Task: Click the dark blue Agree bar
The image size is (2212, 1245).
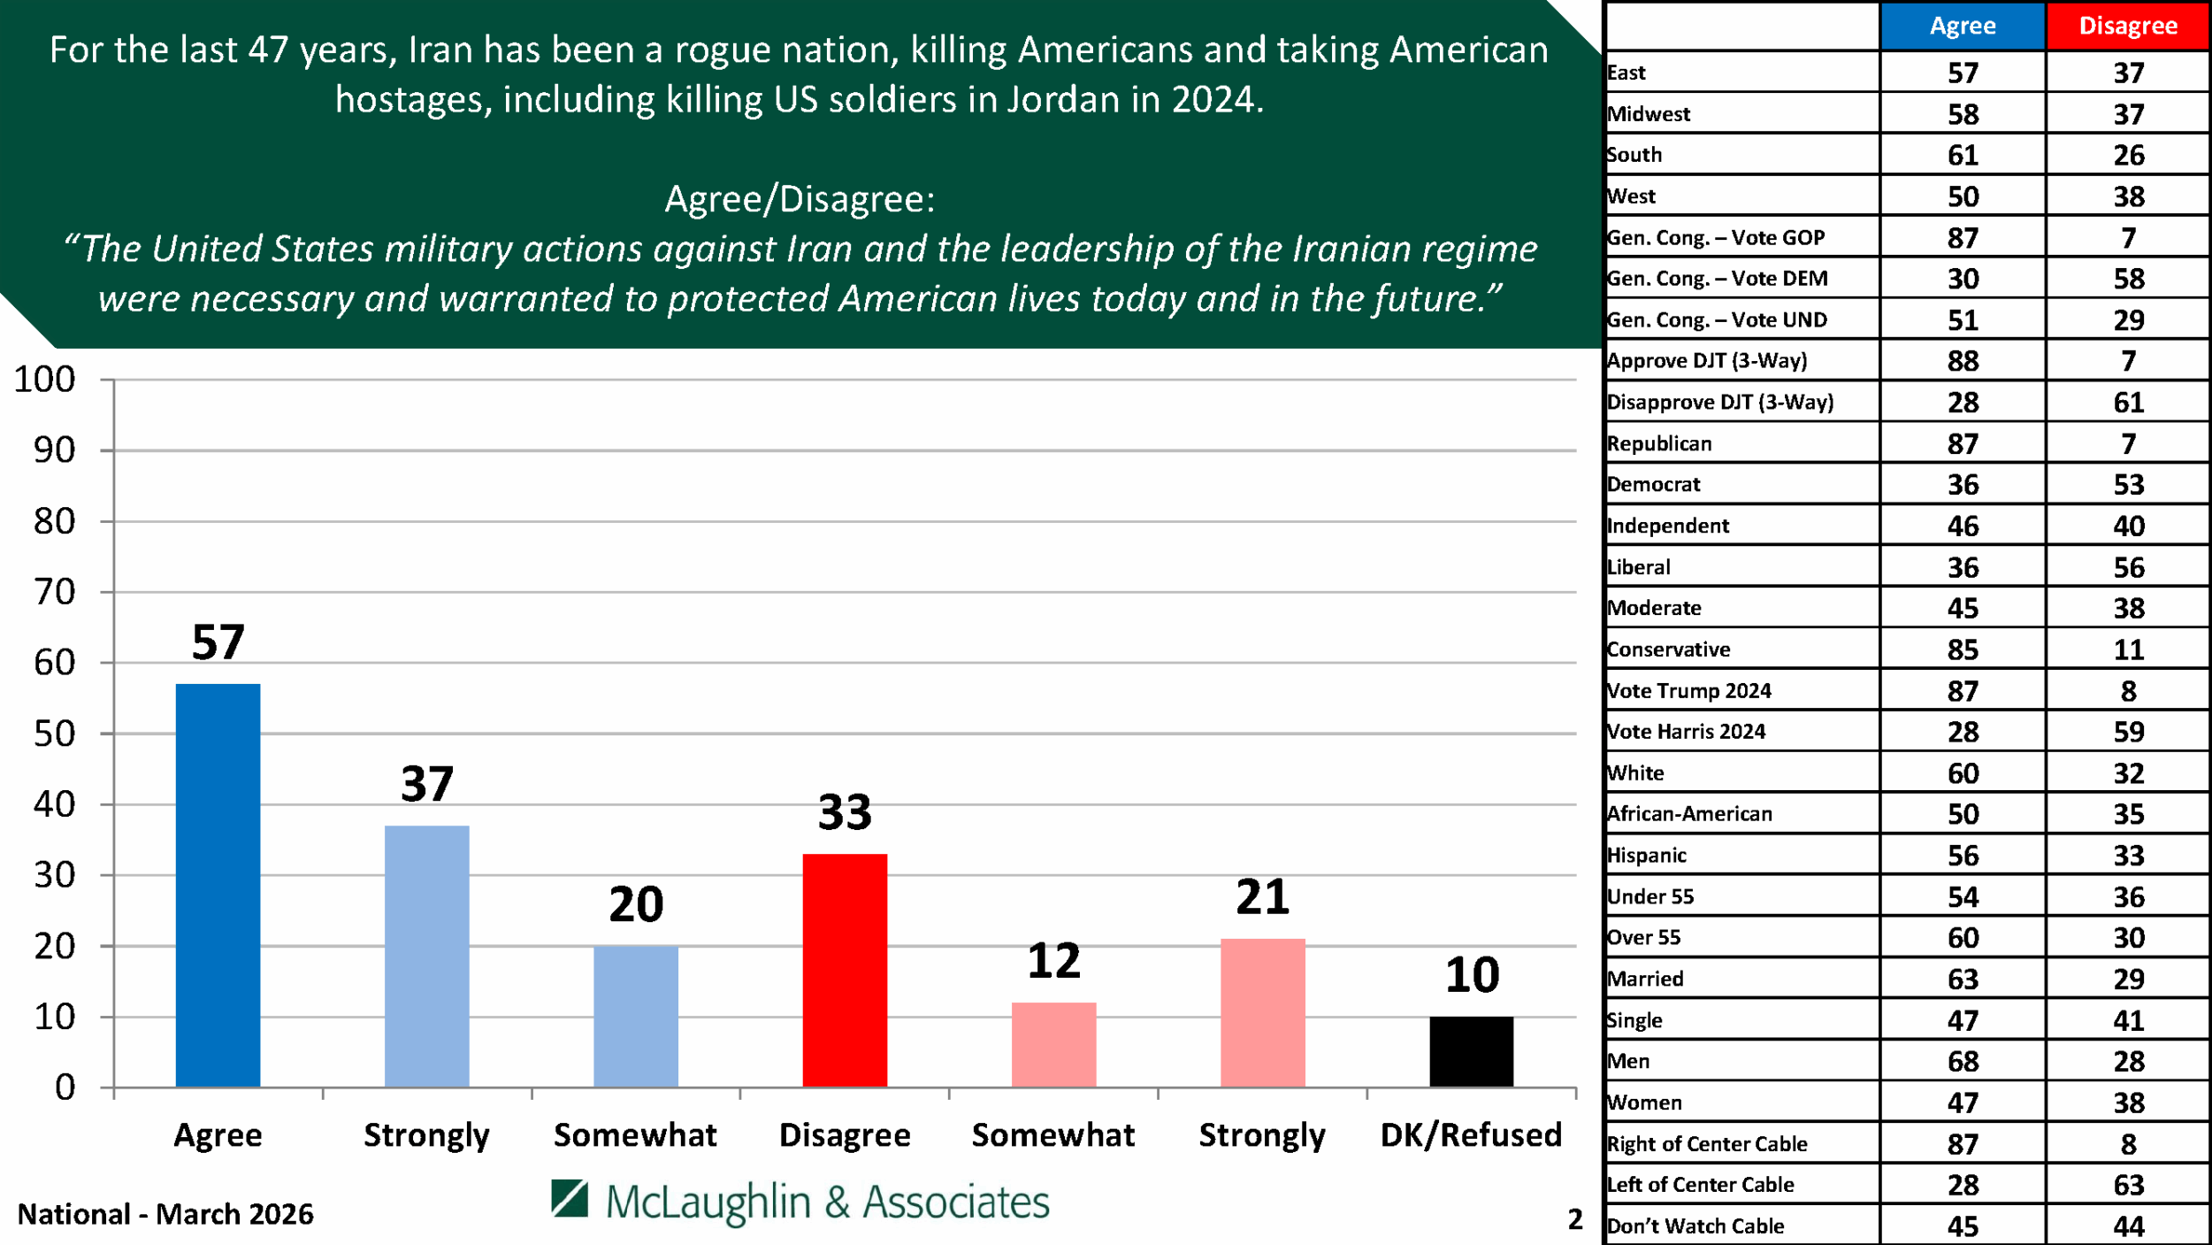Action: coord(218,885)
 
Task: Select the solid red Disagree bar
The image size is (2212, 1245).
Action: coord(844,970)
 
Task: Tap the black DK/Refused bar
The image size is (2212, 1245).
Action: coord(1471,1051)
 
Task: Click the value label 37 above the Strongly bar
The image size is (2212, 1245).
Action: coord(426,784)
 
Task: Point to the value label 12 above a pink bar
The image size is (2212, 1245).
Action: coord(1053,961)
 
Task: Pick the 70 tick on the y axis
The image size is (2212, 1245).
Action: coord(54,592)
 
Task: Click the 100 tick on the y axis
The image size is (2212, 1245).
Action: coord(44,380)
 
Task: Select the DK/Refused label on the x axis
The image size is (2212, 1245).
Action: coord(1471,1134)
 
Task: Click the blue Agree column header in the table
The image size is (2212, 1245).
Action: coord(1962,26)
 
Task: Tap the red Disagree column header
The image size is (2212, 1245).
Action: coord(2127,26)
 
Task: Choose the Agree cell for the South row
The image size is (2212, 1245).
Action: coord(1962,155)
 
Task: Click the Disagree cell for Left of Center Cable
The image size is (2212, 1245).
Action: coord(2127,1185)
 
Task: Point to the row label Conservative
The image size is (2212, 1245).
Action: coord(1668,649)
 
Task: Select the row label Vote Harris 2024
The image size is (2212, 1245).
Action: coord(1686,732)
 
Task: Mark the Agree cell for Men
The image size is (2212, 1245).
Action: coord(1962,1061)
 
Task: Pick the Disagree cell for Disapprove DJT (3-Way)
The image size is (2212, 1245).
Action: coord(2127,403)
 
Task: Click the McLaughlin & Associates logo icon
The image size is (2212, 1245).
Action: coord(570,1199)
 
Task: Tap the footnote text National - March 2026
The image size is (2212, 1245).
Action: coord(165,1214)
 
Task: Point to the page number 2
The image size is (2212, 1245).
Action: coord(1574,1219)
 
